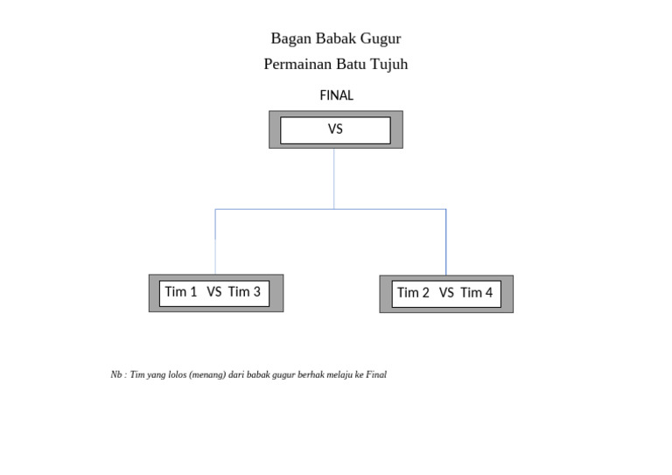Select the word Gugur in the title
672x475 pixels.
[x=381, y=38]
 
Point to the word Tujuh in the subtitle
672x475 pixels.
[x=388, y=65]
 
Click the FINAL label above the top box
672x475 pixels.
[x=336, y=95]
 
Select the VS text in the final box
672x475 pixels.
[x=335, y=129]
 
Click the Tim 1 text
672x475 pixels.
[x=181, y=292]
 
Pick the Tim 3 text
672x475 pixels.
[x=244, y=292]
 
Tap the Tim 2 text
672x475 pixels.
[x=413, y=293]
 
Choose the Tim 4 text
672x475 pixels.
[x=477, y=293]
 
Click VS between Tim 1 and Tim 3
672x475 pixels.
[x=214, y=292]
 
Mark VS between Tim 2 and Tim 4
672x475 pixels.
[x=446, y=293]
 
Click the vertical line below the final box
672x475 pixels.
[x=333, y=178]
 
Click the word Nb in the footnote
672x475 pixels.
[x=116, y=374]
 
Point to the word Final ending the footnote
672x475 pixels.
[x=376, y=374]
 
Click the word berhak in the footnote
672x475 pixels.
[x=300, y=374]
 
